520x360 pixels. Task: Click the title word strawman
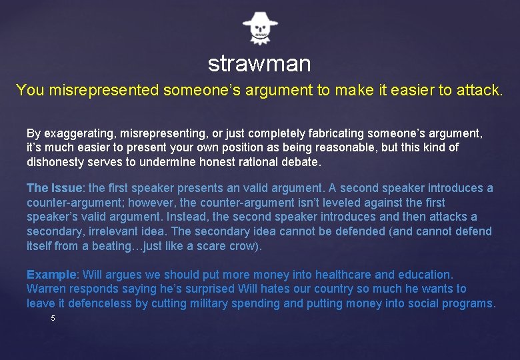(x=259, y=64)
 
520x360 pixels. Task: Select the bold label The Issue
(x=55, y=188)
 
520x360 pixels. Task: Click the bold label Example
(x=52, y=275)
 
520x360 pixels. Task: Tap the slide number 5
(x=53, y=319)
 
